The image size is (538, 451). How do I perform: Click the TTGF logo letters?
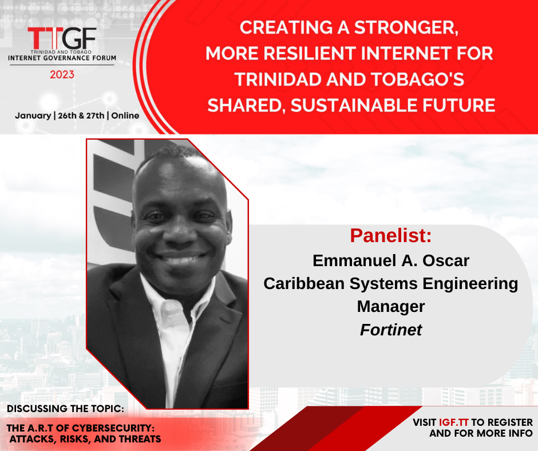coord(62,38)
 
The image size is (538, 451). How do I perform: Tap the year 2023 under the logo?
coord(62,74)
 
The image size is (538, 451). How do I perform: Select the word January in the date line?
coord(33,116)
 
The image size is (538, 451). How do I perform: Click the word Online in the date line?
coord(125,116)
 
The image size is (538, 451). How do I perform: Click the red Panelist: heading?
coord(391,235)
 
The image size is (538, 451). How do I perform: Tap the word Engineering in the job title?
coord(470,284)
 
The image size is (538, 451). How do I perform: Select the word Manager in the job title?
coord(391,307)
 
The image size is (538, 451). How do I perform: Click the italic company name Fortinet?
coord(391,330)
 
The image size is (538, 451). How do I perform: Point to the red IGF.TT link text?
coord(454,422)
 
